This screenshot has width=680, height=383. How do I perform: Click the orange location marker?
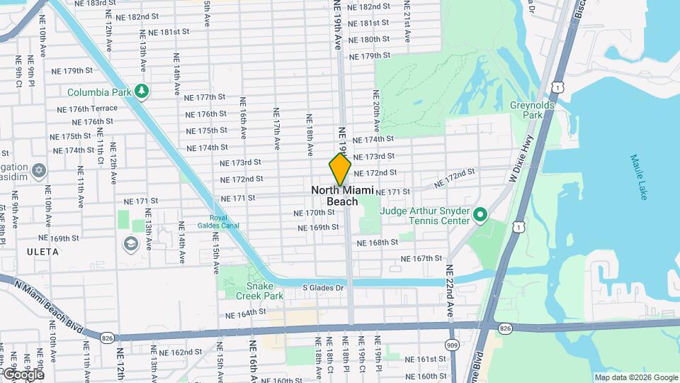point(340,170)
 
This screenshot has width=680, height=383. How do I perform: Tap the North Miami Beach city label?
point(342,196)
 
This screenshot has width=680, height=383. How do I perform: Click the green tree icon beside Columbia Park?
point(142,91)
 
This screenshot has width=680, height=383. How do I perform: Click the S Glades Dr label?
point(323,287)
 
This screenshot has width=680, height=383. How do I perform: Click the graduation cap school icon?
point(130,244)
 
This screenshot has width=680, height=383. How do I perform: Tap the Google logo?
point(23,374)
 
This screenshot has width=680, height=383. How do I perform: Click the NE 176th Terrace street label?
point(85,109)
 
